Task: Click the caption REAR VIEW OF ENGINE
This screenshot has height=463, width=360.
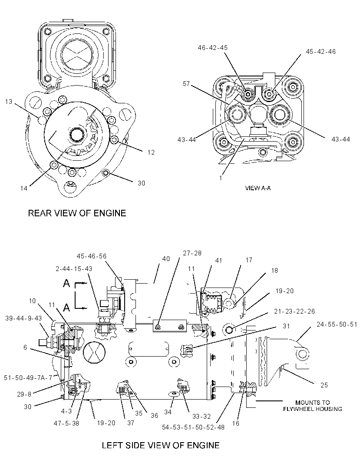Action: [x=77, y=213]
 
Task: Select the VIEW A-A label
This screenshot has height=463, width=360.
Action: [x=258, y=188]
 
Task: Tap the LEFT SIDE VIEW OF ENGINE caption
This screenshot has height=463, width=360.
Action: [x=161, y=445]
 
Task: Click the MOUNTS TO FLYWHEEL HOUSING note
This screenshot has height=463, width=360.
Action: [x=313, y=406]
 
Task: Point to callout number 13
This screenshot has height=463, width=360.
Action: [x=9, y=102]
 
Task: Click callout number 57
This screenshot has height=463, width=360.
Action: [x=186, y=84]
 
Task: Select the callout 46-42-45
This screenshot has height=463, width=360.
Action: [x=213, y=47]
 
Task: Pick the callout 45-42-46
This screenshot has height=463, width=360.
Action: [x=321, y=51]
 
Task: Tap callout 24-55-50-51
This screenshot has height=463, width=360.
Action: [x=337, y=324]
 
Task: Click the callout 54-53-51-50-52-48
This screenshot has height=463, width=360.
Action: [x=193, y=427]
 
